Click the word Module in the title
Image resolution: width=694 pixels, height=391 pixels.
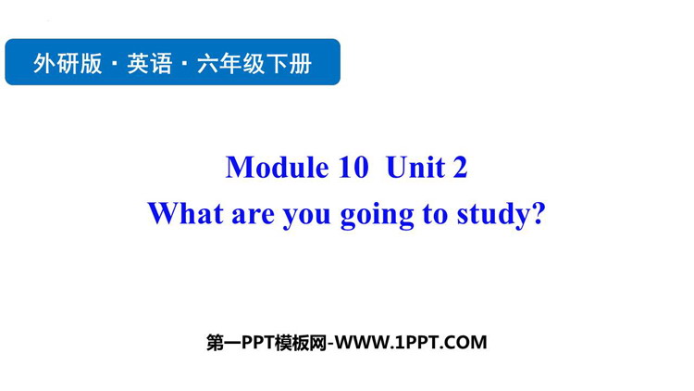[x=278, y=168]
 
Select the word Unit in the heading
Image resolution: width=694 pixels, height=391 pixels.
[x=415, y=168]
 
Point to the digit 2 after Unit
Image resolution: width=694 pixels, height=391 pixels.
[x=460, y=168]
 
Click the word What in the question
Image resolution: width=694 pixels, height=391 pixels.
[x=186, y=213]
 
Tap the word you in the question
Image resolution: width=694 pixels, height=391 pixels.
[x=306, y=217]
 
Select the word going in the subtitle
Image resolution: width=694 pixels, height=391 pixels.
[x=378, y=216]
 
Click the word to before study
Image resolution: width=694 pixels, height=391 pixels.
[x=436, y=215]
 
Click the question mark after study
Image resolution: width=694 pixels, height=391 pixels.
[x=538, y=213]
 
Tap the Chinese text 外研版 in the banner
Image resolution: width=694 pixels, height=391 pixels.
[x=68, y=63]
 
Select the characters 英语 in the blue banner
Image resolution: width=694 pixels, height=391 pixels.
[x=150, y=63]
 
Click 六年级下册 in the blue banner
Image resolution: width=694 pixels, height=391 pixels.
[x=254, y=63]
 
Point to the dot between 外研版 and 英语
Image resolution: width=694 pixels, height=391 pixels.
[x=115, y=63]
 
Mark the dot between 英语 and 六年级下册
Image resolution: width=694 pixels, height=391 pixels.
[x=185, y=63]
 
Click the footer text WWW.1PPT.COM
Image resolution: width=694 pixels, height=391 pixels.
[x=410, y=343]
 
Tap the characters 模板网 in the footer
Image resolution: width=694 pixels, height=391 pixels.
[x=301, y=343]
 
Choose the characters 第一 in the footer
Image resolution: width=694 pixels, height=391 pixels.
[x=224, y=343]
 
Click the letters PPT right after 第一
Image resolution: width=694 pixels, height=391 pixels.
[x=258, y=343]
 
